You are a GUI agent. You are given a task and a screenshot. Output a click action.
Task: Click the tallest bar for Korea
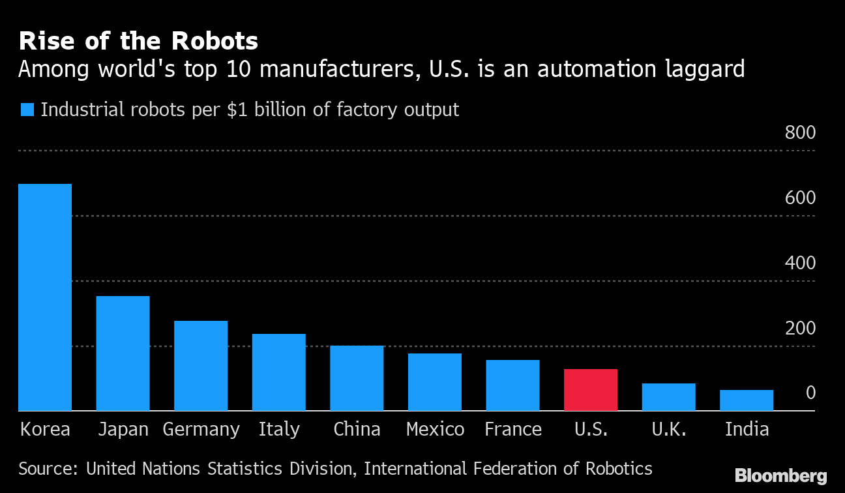[45, 297]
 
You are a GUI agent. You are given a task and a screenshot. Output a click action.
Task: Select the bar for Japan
[123, 353]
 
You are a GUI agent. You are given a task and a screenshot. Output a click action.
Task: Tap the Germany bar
[201, 366]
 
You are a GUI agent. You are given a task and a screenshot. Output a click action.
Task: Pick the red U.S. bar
[591, 390]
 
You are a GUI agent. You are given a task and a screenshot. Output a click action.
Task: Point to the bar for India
[747, 400]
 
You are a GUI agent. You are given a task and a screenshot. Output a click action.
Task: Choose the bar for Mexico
[435, 382]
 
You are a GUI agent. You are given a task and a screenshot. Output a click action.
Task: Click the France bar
[512, 385]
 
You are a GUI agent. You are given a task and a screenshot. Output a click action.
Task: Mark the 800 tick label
[800, 133]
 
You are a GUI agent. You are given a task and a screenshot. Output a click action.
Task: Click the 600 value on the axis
[800, 198]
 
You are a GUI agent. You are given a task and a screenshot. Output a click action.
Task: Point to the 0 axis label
[810, 393]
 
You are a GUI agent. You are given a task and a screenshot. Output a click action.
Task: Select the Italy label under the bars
[279, 429]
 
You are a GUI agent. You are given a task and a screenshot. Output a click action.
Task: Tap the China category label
[357, 429]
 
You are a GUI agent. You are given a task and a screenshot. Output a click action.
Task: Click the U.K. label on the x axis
[668, 429]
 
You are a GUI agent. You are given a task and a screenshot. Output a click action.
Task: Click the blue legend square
[27, 110]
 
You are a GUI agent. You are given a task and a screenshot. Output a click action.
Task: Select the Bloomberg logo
[781, 476]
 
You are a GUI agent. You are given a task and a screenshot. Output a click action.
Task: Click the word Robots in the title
[215, 42]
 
